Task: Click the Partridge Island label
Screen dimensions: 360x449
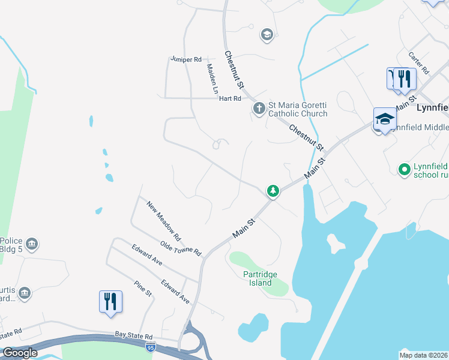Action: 261,278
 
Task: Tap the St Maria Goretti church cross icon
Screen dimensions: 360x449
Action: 259,109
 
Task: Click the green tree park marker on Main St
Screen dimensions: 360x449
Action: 273,191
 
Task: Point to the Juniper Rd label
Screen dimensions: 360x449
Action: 185,59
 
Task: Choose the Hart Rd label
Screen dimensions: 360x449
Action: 229,98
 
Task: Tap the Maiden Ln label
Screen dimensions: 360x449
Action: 211,80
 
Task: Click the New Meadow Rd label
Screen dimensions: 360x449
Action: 164,220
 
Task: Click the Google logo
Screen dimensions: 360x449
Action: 19,353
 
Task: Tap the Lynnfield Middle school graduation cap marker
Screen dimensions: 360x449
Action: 385,119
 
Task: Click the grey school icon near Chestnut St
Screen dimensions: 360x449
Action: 267,35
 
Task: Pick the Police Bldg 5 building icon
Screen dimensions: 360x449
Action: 32,244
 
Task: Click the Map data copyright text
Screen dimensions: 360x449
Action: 424,355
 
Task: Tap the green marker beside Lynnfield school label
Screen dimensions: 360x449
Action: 405,170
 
